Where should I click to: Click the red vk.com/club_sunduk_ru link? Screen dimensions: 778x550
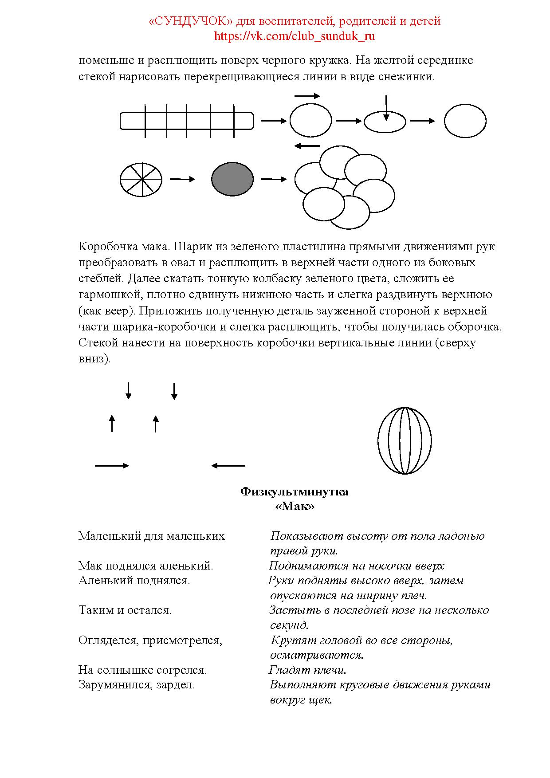tap(294, 36)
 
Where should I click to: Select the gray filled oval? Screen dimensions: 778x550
tap(232, 179)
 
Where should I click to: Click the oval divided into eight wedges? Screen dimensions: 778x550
tap(141, 179)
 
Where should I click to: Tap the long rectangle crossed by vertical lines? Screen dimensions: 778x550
tap(187, 121)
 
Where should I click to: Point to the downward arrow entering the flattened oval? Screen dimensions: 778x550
tap(386, 108)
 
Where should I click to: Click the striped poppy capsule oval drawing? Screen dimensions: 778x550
tap(405, 441)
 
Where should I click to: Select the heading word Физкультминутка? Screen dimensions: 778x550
tap(294, 492)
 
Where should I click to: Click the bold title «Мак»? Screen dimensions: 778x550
tap(295, 507)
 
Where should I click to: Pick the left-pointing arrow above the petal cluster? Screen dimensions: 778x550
tap(307, 146)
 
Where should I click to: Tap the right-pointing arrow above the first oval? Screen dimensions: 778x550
tap(307, 96)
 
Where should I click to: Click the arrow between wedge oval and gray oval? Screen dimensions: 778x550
tap(182, 179)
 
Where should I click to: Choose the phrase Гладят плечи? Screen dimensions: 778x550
tap(307, 670)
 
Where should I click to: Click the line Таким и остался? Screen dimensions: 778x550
tap(125, 610)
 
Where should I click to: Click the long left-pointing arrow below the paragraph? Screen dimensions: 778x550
tap(228, 466)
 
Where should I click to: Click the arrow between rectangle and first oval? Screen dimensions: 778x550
tap(274, 121)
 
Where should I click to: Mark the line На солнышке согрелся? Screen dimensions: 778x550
tap(142, 670)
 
